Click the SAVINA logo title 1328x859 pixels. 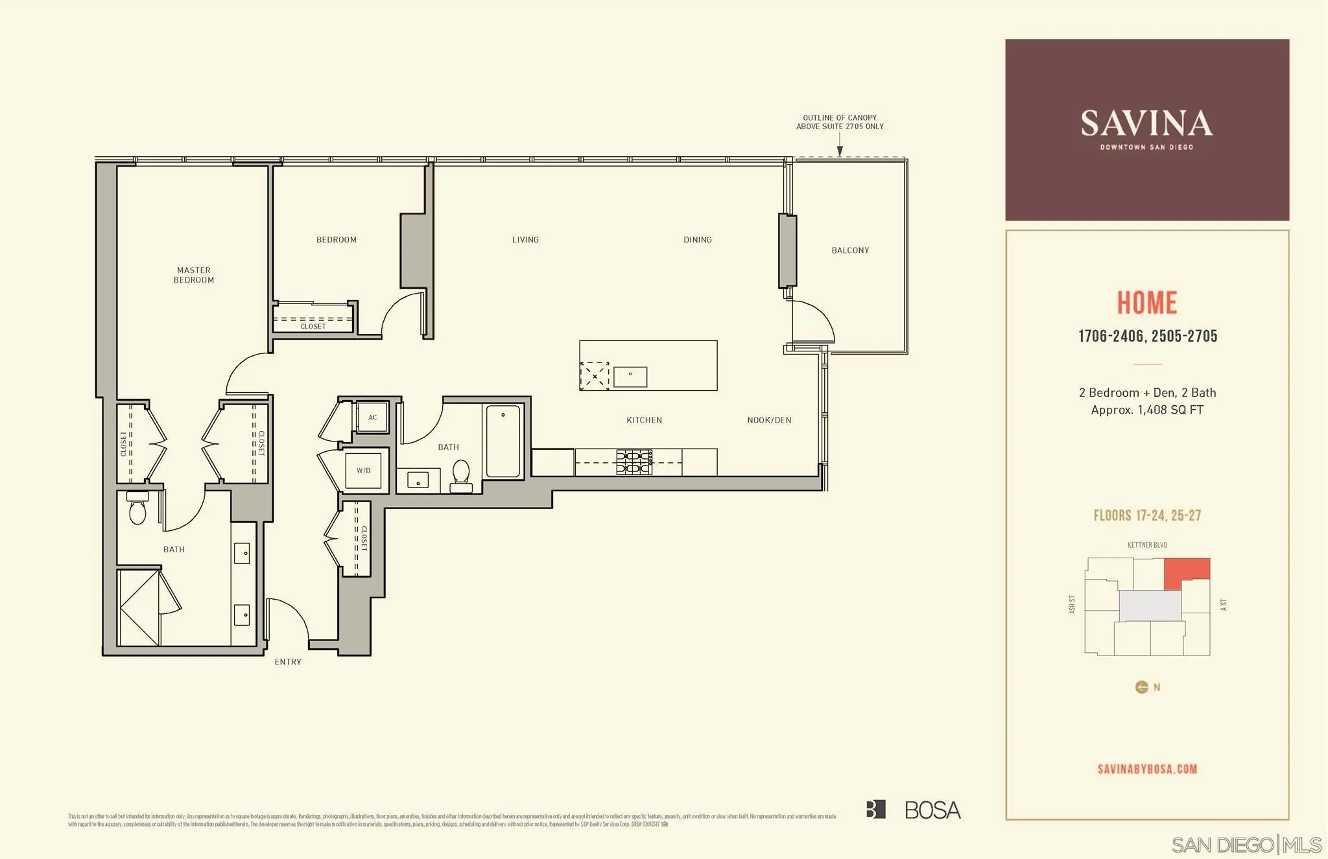[1146, 124]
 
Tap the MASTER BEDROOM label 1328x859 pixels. [193, 275]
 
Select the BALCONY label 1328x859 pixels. [850, 250]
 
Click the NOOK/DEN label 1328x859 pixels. [769, 420]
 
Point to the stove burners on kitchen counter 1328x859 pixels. [634, 462]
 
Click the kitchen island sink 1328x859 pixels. [630, 377]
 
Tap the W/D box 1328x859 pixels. [363, 471]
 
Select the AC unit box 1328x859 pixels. [372, 418]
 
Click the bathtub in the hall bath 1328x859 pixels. [503, 441]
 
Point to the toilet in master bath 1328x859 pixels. [137, 510]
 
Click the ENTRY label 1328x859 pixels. [287, 662]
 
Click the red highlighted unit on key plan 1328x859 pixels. [1186, 571]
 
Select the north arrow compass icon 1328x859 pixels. [1142, 687]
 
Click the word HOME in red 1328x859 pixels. [1146, 303]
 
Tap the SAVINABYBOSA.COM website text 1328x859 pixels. [1147, 770]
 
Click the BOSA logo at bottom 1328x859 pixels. [913, 810]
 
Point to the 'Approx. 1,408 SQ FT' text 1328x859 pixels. [1146, 410]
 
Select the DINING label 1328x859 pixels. [697, 240]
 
